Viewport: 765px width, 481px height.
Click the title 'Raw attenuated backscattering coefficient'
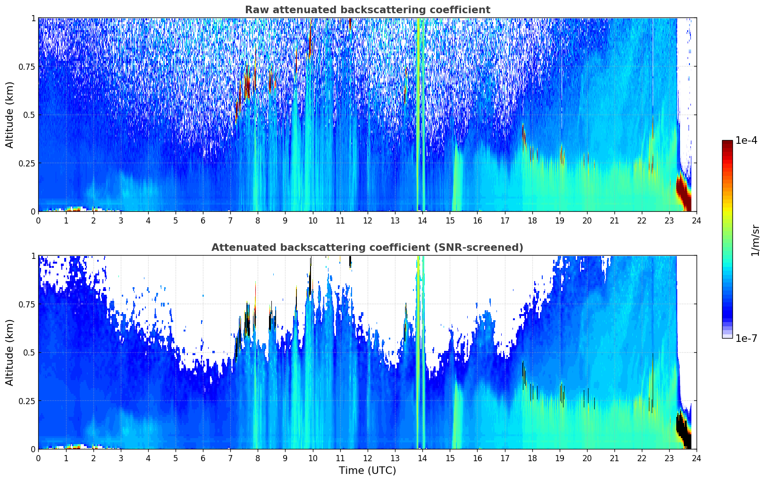tap(367, 10)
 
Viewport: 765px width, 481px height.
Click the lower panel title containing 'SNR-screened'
tap(367, 248)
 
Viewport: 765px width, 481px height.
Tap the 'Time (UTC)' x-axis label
tap(367, 471)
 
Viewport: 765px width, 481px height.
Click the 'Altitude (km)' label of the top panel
tap(10, 115)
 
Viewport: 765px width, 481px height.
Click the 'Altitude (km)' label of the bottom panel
tap(10, 352)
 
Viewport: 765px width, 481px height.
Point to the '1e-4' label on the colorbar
tap(746, 141)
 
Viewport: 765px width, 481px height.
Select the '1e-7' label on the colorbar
tap(746, 338)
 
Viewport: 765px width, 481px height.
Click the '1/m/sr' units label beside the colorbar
tap(755, 240)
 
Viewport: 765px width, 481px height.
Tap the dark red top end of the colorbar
tap(727, 143)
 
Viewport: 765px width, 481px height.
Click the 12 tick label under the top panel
tap(368, 220)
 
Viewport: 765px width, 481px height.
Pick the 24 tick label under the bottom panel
tap(697, 458)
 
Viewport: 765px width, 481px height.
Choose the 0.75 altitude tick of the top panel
tap(26, 66)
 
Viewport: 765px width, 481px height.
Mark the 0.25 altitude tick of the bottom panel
tap(26, 401)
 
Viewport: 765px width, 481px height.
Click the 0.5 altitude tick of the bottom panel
tap(29, 352)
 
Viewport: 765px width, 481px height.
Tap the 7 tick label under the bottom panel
tap(230, 458)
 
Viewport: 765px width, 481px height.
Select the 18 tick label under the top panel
tap(532, 220)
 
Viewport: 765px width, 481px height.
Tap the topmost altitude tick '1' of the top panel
tap(33, 18)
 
